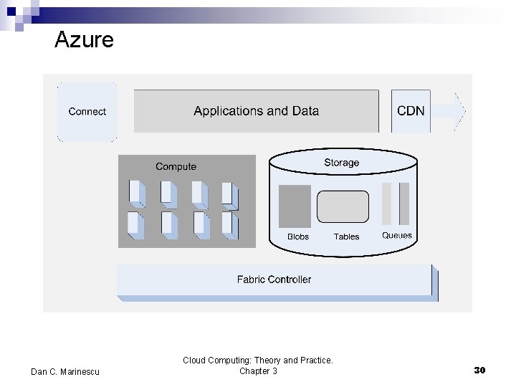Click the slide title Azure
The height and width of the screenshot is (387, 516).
[84, 39]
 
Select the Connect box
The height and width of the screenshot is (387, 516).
[87, 111]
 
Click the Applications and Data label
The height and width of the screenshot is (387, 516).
[256, 111]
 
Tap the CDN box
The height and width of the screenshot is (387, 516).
[411, 110]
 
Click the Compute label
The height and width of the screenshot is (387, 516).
[176, 166]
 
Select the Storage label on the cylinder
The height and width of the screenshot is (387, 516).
[341, 163]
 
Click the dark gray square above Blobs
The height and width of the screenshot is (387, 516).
[295, 206]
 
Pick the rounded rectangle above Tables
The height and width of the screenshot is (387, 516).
[343, 206]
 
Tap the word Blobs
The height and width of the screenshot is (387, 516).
[297, 236]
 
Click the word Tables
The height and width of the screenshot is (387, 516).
[346, 236]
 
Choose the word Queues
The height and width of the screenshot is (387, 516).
[397, 236]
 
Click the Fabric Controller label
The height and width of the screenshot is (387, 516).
[274, 279]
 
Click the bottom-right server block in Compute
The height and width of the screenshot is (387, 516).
[229, 225]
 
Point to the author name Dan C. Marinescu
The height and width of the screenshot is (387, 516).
[66, 371]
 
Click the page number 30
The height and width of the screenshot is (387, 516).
[479, 371]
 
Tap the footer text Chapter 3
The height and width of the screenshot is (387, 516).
[258, 371]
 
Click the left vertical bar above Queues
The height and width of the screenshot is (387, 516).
[387, 204]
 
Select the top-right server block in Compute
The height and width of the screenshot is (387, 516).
[229, 194]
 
